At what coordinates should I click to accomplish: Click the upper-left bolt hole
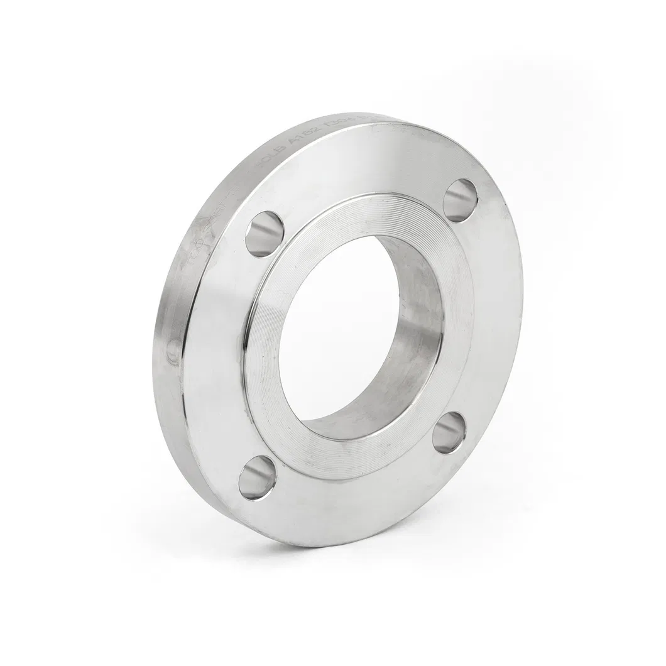(265, 233)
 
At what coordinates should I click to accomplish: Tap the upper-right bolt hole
(460, 200)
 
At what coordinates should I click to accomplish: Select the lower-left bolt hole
(257, 478)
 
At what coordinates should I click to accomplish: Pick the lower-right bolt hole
(449, 432)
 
